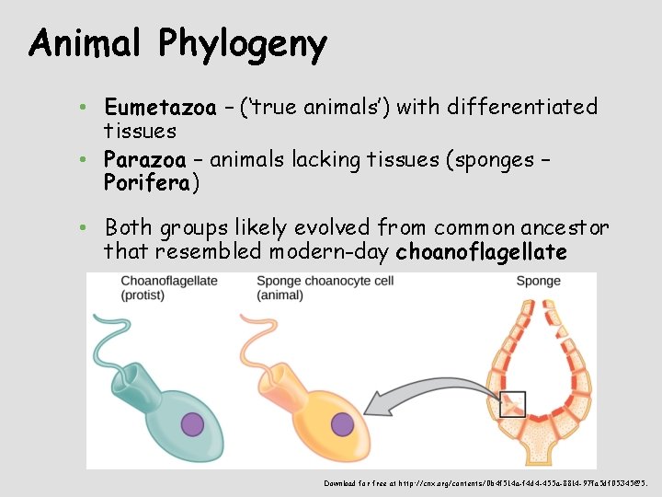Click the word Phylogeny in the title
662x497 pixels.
(x=242, y=43)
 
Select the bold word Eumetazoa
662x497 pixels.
(x=160, y=108)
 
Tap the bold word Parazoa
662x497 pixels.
(x=145, y=159)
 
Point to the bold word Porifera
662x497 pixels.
(x=147, y=182)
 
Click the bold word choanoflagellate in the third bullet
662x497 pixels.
(x=481, y=251)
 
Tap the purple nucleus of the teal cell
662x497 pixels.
(x=192, y=424)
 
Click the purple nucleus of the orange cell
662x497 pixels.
(x=342, y=424)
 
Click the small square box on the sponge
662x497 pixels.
(x=513, y=404)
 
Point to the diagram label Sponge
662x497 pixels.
(x=538, y=281)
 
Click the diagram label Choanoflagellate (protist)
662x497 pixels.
(x=169, y=287)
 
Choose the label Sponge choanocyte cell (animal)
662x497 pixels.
(x=322, y=287)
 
